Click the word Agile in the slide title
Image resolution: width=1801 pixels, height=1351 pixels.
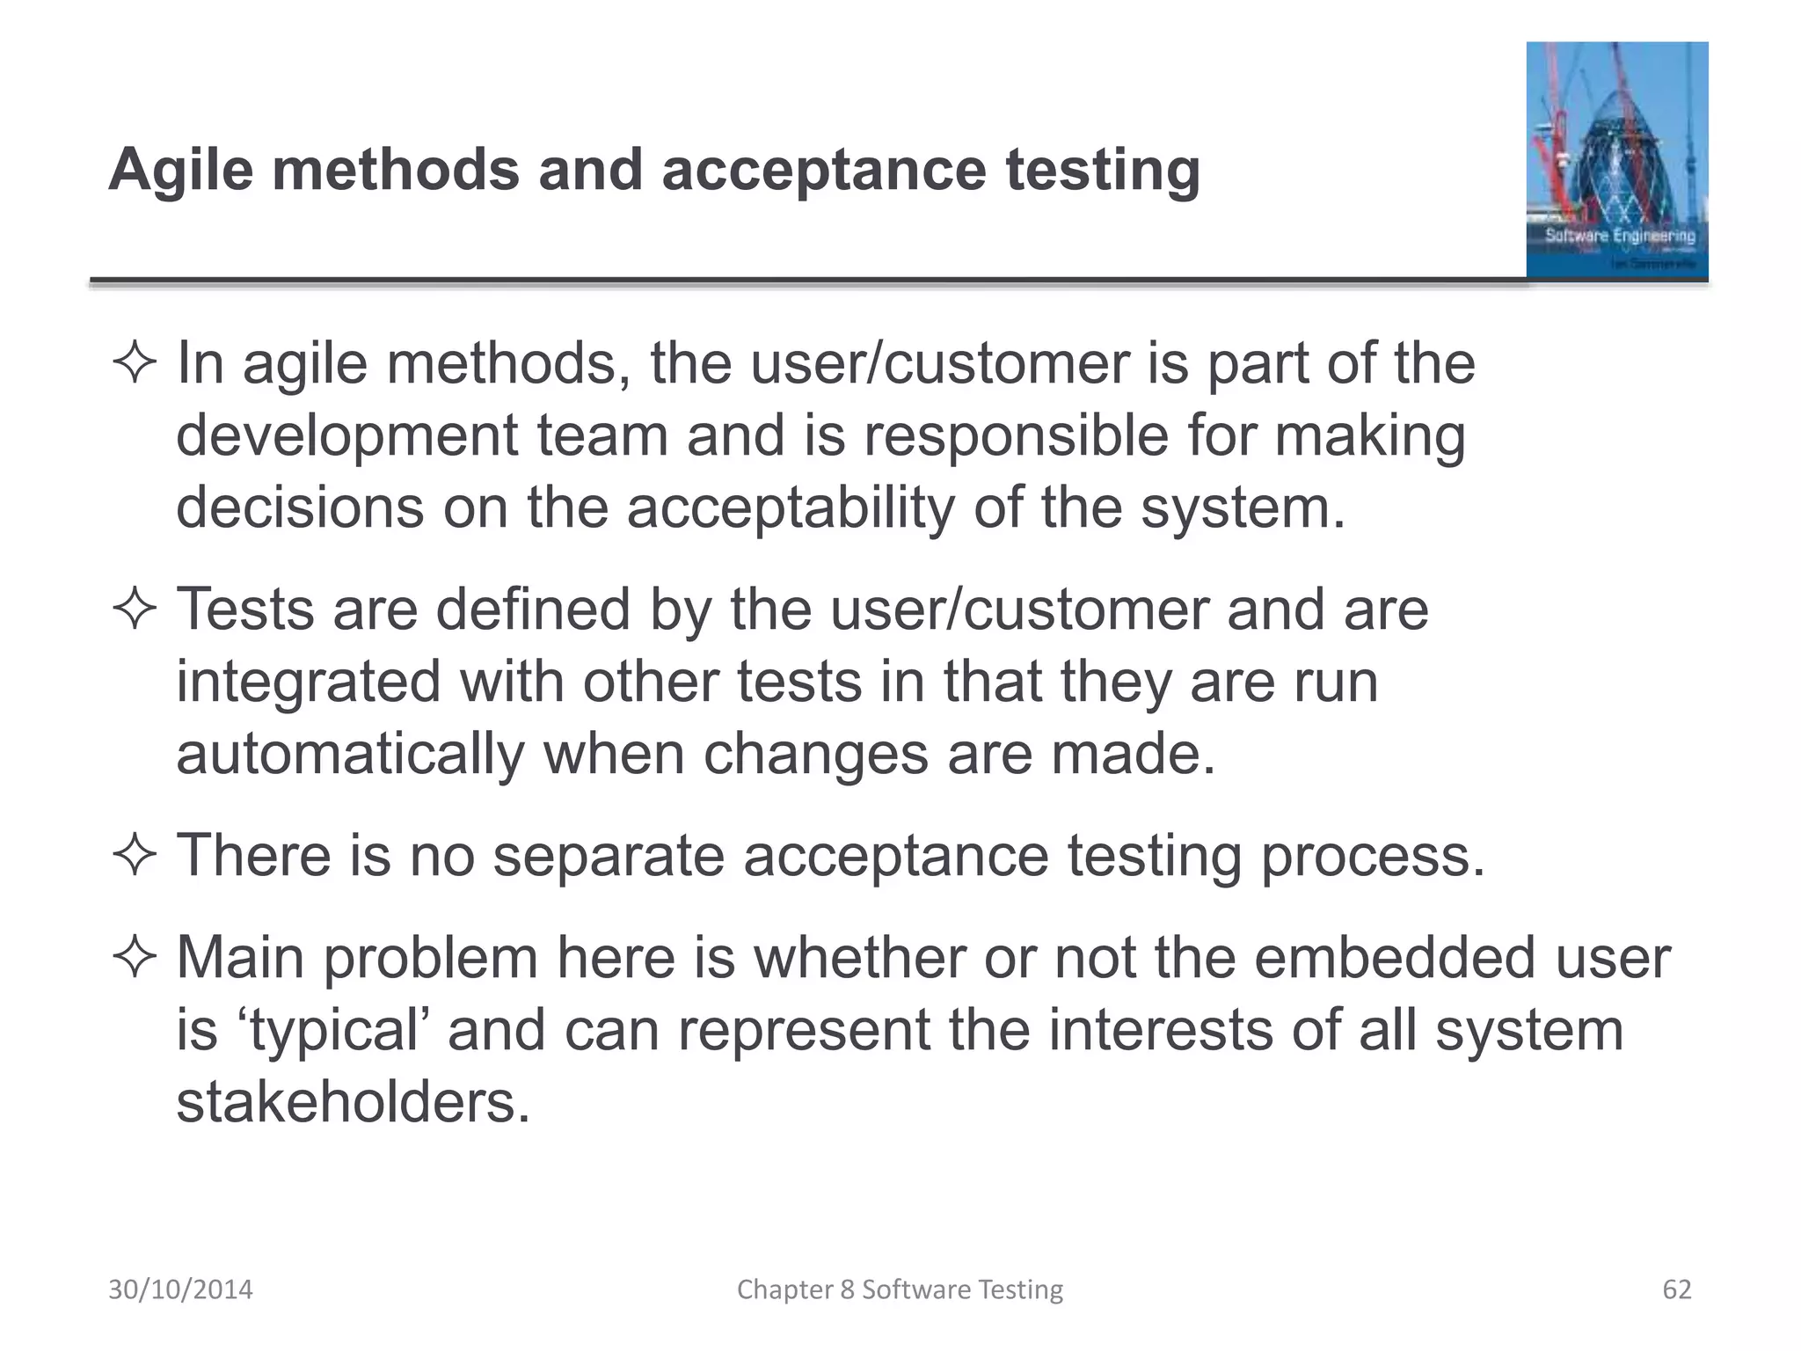tap(180, 169)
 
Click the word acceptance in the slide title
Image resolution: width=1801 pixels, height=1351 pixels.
tap(823, 169)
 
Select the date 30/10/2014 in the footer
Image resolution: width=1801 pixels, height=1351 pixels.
tap(180, 1289)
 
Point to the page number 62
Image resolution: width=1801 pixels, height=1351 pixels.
tap(1676, 1289)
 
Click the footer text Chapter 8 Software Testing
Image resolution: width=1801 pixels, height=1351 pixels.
tap(900, 1289)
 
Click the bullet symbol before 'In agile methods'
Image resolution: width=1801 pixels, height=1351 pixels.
tap(135, 363)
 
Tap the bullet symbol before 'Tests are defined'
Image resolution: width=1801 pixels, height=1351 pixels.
tap(135, 609)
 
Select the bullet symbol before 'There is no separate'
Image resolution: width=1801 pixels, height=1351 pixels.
tap(135, 855)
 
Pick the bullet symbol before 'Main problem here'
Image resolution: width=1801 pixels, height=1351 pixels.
tap(135, 958)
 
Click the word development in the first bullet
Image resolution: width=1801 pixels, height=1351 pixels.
tap(347, 436)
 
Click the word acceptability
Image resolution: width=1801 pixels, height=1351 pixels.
tap(790, 508)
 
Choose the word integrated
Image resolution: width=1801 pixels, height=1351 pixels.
tap(308, 682)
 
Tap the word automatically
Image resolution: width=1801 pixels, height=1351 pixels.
tap(350, 755)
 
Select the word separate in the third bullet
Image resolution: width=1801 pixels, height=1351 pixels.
tap(608, 855)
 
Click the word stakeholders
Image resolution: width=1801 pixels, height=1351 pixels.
tap(354, 1102)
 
